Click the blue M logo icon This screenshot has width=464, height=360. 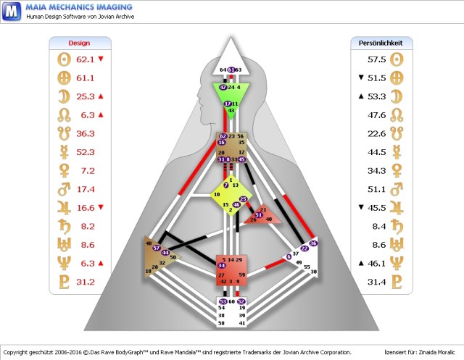coord(11,11)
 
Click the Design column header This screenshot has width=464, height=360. coord(80,43)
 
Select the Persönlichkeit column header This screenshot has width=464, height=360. coord(381,43)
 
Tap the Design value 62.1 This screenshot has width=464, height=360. coord(86,59)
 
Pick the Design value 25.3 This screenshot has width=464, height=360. coord(86,96)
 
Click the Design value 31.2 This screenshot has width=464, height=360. coord(86,281)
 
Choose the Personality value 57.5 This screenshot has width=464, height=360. coord(376,59)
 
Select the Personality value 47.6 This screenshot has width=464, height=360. coord(376,114)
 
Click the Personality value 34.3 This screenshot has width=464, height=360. coord(376,170)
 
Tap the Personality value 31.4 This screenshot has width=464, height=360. coord(376,281)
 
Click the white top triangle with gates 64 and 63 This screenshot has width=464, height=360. coord(231,66)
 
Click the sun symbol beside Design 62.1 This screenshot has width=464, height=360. coord(62,59)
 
